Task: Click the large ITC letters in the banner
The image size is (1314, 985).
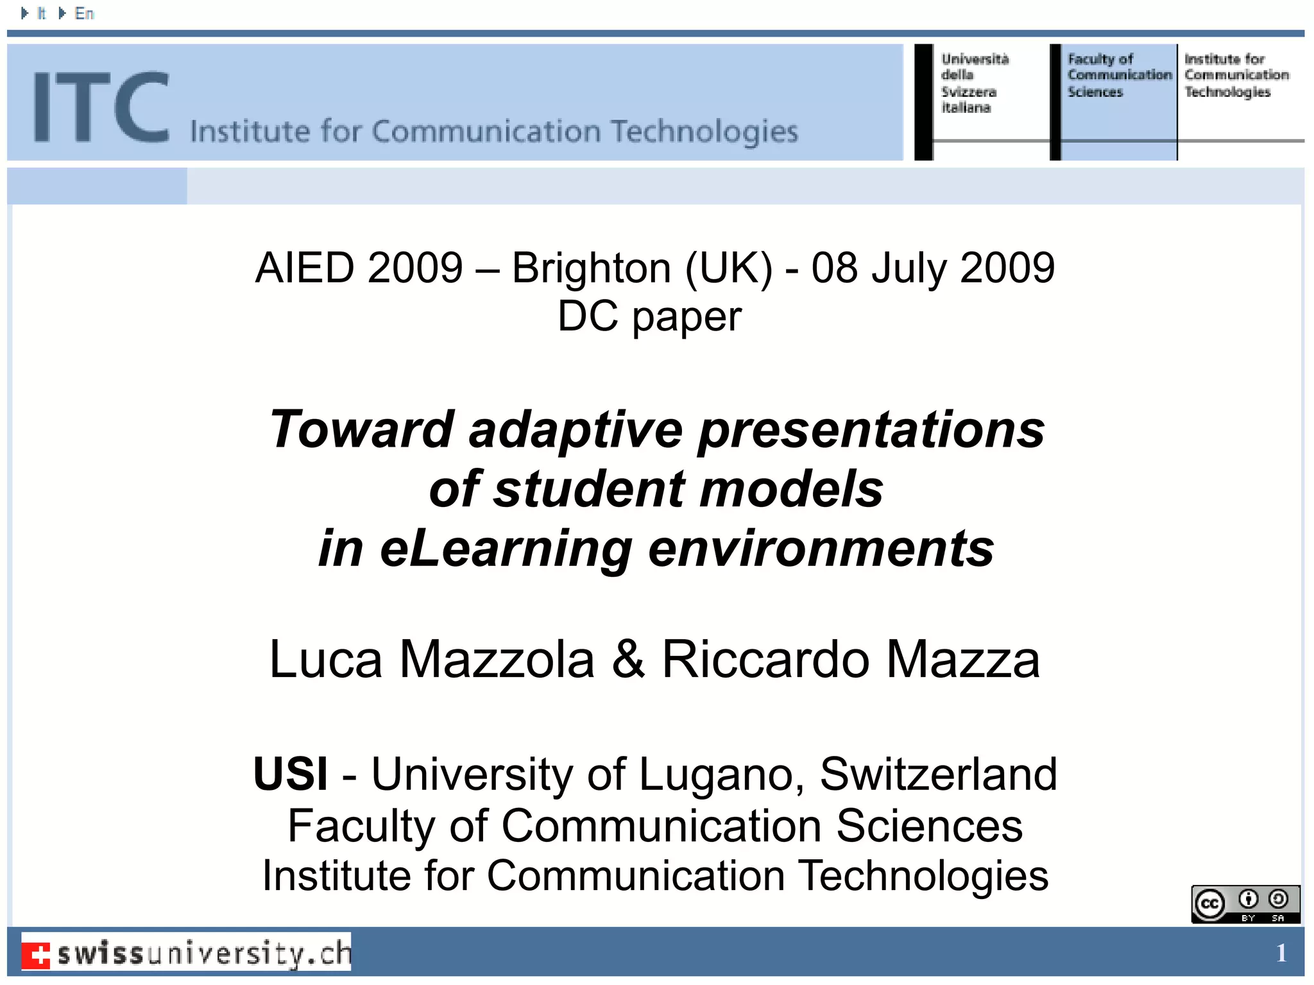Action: click(x=101, y=107)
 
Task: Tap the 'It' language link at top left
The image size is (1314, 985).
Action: click(x=41, y=13)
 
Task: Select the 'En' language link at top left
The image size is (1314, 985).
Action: click(x=84, y=13)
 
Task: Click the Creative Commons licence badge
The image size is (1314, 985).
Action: click(x=1245, y=904)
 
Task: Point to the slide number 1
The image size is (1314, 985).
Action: click(x=1281, y=953)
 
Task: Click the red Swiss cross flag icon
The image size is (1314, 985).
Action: click(x=37, y=954)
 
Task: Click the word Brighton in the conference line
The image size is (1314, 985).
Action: click(x=591, y=268)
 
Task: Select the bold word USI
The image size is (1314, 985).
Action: click(x=290, y=774)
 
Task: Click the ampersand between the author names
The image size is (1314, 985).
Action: click(x=627, y=659)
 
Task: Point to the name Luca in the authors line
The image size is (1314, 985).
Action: click(x=326, y=660)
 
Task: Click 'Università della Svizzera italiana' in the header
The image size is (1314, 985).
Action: click(x=974, y=83)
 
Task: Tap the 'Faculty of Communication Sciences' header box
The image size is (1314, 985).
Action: click(x=1118, y=76)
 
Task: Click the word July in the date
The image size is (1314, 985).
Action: click(x=909, y=268)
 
